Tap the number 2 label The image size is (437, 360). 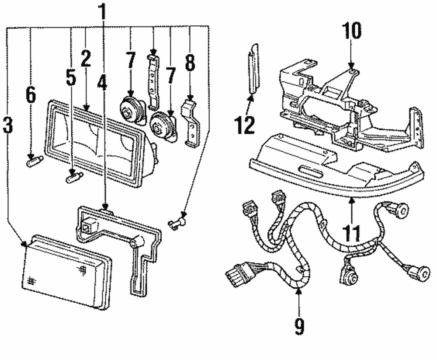tap(85, 59)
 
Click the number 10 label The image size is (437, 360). tap(352, 31)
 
